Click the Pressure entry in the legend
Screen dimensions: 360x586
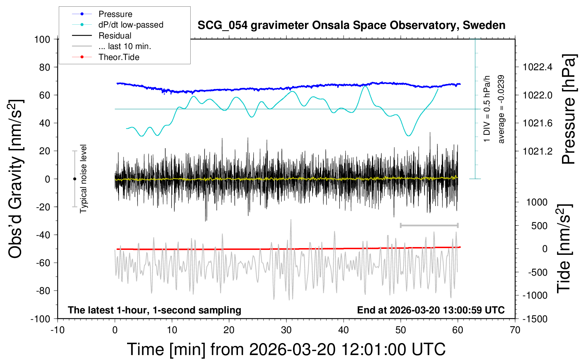click(x=115, y=14)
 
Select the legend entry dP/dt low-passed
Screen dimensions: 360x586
click(x=131, y=25)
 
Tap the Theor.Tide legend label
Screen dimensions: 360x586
click(x=119, y=57)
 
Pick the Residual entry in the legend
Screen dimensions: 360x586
click(x=115, y=36)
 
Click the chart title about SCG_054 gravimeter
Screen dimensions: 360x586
click(x=351, y=25)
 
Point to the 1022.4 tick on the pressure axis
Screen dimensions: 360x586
click(x=537, y=67)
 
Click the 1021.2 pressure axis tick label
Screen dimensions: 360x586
click(x=537, y=151)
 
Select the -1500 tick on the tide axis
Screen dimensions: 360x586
click(x=535, y=319)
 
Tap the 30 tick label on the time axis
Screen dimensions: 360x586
click(x=286, y=330)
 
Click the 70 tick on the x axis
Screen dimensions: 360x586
click(x=515, y=330)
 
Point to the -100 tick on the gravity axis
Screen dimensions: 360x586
click(x=40, y=319)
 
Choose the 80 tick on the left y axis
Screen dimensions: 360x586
click(x=44, y=67)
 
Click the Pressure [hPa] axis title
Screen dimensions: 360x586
click(x=569, y=109)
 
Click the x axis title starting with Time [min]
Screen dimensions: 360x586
click(x=286, y=349)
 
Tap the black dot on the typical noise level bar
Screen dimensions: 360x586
click(x=74, y=179)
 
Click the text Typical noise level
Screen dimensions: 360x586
click(x=83, y=179)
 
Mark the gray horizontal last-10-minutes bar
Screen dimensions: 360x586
click(x=429, y=225)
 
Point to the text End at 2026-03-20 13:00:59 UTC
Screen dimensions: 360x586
click(x=431, y=310)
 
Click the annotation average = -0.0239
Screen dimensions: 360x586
click(x=501, y=109)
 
